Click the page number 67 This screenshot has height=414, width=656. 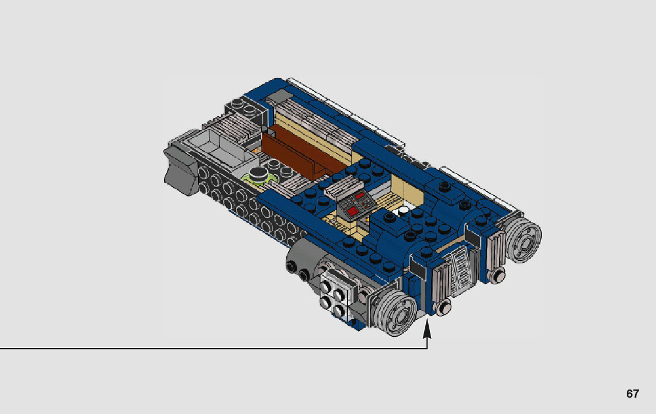click(633, 394)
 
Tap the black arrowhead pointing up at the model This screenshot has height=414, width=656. click(427, 329)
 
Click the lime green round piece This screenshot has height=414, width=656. click(259, 178)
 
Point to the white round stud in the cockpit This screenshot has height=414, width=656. click(403, 211)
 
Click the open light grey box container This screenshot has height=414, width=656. click(217, 148)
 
